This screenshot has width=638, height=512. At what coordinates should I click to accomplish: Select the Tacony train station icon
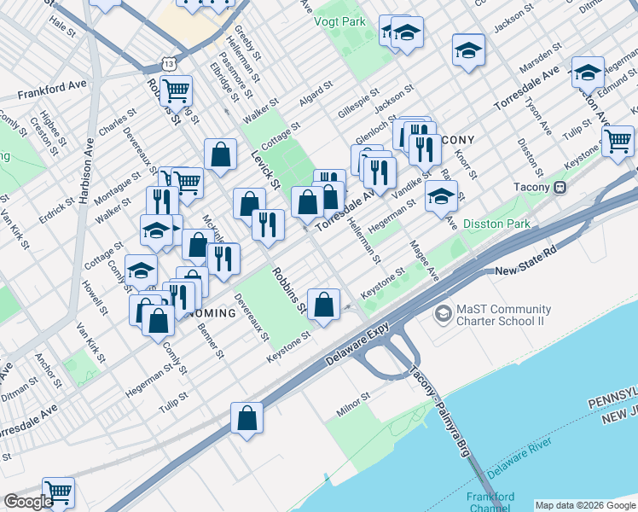tap(560, 188)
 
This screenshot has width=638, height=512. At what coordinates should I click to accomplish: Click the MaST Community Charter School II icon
tap(443, 314)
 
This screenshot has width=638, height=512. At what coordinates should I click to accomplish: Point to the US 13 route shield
tap(167, 64)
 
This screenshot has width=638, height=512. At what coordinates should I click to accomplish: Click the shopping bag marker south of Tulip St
tap(246, 418)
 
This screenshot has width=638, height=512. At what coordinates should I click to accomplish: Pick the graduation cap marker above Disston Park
tap(441, 197)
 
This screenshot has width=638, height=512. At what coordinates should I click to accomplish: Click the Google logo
tap(28, 502)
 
